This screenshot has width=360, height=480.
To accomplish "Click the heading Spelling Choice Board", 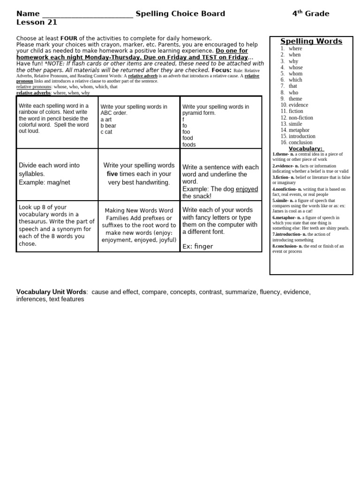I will click(x=180, y=14).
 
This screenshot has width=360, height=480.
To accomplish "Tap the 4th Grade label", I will click(x=310, y=14).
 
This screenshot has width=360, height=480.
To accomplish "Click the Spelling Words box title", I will click(x=311, y=41).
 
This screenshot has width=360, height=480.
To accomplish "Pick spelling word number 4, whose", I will click(x=295, y=67).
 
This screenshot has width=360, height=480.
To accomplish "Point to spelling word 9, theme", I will click(x=295, y=99).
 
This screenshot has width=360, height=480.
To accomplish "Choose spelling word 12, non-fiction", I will click(x=300, y=118).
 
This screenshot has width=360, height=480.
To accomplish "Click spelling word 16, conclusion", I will click(x=300, y=142).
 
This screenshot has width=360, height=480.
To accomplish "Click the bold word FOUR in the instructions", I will click(x=68, y=38).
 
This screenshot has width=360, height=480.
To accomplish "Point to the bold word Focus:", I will click(x=221, y=70).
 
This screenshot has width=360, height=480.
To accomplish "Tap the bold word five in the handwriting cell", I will click(x=112, y=174).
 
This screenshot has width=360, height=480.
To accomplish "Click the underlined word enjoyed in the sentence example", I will click(x=247, y=189).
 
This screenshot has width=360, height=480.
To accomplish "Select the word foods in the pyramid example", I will click(x=189, y=145).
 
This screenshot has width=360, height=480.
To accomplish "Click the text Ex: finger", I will click(x=197, y=246).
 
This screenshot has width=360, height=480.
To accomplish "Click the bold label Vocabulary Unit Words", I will click(x=51, y=292).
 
